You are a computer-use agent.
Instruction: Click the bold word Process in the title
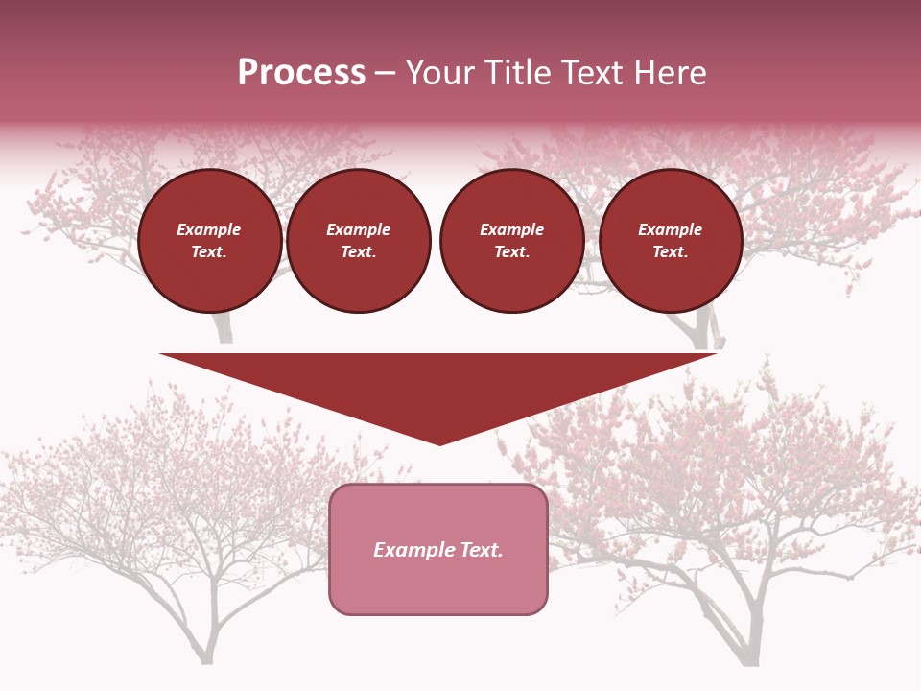(x=301, y=73)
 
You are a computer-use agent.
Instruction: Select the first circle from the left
(x=210, y=241)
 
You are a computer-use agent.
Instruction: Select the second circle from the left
(x=359, y=241)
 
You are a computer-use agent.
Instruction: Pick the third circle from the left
(x=512, y=241)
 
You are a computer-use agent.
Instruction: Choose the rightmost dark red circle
(x=671, y=241)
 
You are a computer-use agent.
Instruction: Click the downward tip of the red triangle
(x=439, y=441)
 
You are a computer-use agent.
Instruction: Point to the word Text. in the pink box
(x=480, y=550)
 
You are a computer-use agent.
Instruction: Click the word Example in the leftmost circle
(x=209, y=229)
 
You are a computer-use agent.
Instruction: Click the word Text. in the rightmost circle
(x=671, y=251)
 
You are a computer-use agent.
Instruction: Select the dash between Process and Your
(x=386, y=73)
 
